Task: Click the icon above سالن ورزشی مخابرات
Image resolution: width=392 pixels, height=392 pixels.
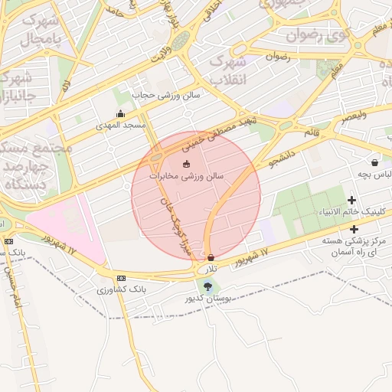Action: pyautogui.click(x=185, y=164)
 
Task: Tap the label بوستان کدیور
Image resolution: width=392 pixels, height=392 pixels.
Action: pyautogui.click(x=209, y=299)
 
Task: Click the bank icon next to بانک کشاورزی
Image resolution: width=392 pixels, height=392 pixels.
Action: pyautogui.click(x=121, y=278)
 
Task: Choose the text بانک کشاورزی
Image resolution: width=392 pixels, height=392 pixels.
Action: pyautogui.click(x=118, y=290)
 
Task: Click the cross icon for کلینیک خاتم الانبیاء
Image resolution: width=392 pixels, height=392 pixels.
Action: pyautogui.click(x=351, y=200)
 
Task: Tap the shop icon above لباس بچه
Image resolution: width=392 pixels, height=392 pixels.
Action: pyautogui.click(x=374, y=162)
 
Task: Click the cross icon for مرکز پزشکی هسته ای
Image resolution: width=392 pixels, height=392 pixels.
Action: pyautogui.click(x=354, y=229)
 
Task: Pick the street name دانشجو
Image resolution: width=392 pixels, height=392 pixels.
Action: pyautogui.click(x=281, y=158)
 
